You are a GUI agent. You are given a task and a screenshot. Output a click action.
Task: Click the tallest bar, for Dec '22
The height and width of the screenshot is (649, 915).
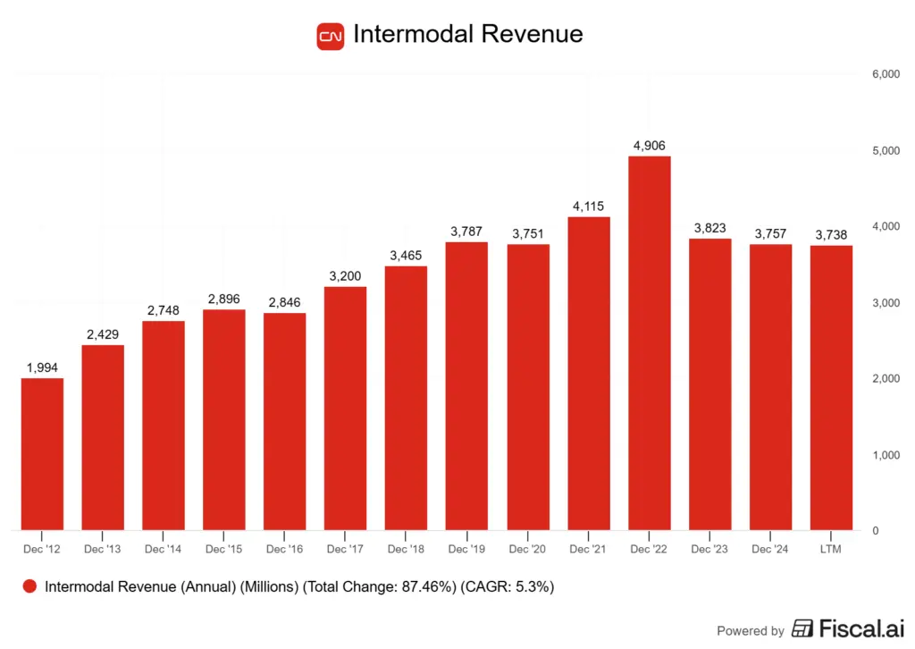tap(650, 343)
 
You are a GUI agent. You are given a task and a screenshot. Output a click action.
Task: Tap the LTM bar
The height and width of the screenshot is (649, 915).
tap(831, 388)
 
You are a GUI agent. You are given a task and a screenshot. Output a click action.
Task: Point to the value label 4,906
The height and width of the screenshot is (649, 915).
tap(650, 146)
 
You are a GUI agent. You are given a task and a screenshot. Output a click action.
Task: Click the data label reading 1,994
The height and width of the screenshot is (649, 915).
tap(42, 367)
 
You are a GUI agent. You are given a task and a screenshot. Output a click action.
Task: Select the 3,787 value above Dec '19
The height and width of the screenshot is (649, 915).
tap(467, 232)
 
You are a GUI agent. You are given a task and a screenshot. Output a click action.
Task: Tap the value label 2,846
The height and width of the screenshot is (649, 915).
tap(285, 302)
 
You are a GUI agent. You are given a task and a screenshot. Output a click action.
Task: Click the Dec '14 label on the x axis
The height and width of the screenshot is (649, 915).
tap(164, 549)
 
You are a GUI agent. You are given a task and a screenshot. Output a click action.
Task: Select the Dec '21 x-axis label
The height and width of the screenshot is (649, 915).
tap(589, 549)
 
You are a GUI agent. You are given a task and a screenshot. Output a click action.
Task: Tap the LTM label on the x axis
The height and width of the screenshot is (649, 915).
tap(831, 549)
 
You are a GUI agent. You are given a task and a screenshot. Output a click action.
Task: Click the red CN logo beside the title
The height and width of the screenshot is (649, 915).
tap(331, 36)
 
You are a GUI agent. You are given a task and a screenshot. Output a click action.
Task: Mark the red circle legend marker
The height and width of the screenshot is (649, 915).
tap(29, 586)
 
